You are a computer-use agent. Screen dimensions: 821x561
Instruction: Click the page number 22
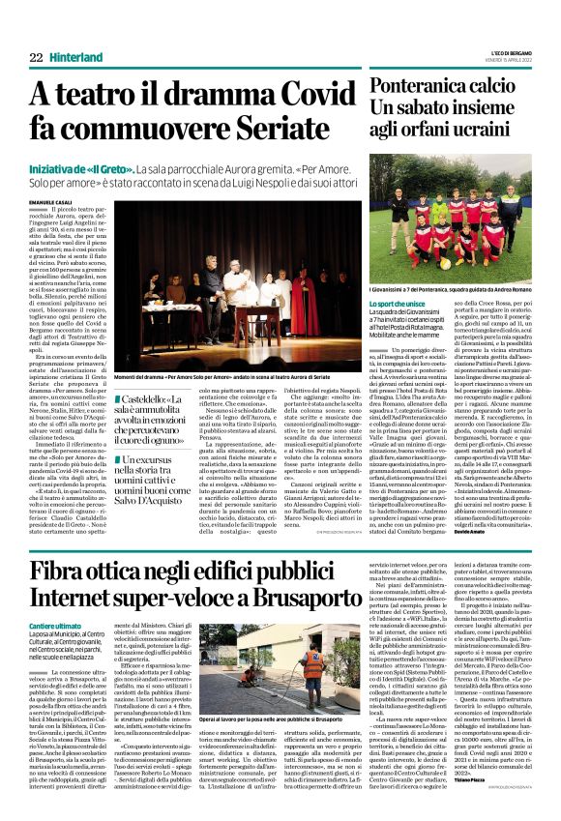tap(36, 58)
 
